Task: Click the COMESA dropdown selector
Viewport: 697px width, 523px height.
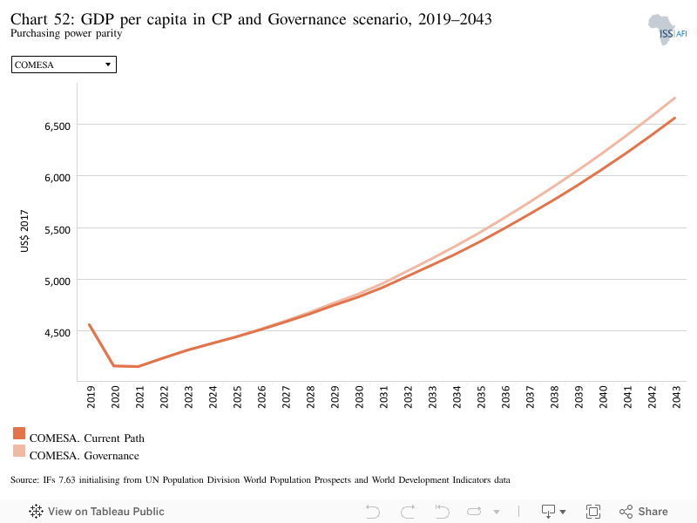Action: point(64,65)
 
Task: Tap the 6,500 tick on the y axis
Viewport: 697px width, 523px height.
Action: point(58,126)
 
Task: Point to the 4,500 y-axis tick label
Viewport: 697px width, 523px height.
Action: point(58,333)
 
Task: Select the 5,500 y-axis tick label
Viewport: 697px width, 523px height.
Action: point(58,230)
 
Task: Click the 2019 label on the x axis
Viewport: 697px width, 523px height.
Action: point(91,397)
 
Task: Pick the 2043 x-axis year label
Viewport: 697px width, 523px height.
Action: point(676,397)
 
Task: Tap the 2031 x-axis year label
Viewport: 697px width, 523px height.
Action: point(383,397)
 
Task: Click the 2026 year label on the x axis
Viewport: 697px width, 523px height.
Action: point(261,397)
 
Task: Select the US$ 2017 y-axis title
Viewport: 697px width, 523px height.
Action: point(24,231)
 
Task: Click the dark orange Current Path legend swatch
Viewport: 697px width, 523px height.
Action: point(19,433)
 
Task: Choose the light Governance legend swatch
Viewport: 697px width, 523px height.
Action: point(19,451)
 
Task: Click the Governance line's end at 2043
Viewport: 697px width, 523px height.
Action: point(674,98)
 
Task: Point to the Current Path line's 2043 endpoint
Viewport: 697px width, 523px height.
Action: point(674,118)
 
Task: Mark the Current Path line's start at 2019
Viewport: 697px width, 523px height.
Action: point(90,324)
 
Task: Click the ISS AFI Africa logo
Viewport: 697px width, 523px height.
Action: point(667,30)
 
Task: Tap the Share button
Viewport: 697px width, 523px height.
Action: point(644,512)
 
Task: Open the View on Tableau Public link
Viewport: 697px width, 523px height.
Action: point(97,512)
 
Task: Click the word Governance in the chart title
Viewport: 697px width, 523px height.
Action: point(308,19)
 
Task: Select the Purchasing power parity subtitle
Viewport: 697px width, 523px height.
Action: point(66,33)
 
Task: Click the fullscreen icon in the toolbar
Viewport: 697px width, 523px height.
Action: point(593,512)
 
